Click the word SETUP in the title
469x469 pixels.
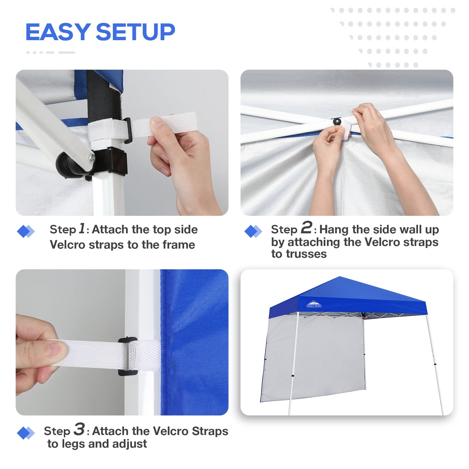point(135,32)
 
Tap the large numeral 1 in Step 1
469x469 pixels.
point(82,228)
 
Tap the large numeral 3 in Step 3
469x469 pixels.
point(79,429)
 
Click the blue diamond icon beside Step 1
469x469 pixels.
point(25,231)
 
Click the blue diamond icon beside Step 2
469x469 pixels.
point(253,231)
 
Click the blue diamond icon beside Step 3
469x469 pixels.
point(25,433)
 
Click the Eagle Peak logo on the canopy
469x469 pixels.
point(314,304)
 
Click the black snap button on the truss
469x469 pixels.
point(337,122)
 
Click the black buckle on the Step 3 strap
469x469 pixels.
point(127,356)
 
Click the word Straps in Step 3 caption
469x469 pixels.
point(210,431)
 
